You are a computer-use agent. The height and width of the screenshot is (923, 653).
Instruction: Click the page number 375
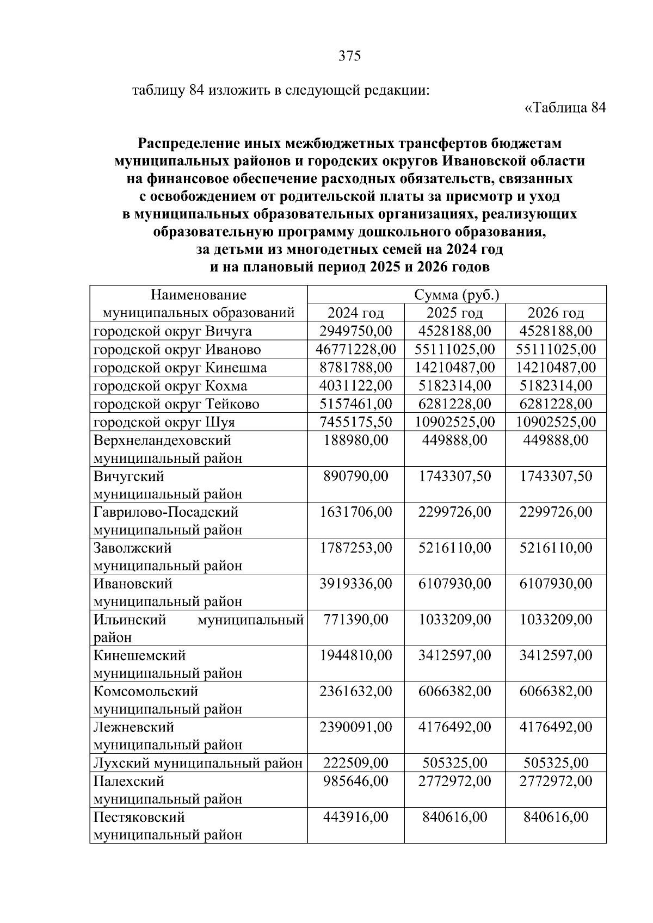(x=349, y=56)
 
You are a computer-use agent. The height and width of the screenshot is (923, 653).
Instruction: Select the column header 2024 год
(x=355, y=313)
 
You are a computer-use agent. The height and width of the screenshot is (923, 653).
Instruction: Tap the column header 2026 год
(x=556, y=313)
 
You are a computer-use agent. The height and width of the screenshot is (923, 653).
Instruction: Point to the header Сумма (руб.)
(x=457, y=295)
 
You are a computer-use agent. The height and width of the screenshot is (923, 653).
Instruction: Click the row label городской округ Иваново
(x=177, y=350)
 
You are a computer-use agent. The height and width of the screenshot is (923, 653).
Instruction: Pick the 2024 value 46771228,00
(x=355, y=349)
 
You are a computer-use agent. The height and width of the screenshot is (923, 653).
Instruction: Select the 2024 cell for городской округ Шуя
(x=355, y=422)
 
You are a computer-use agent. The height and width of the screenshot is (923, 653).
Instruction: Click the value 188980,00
(x=355, y=440)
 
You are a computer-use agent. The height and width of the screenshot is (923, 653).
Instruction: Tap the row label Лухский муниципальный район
(x=198, y=764)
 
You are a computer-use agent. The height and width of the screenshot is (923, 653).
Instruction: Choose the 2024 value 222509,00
(x=355, y=763)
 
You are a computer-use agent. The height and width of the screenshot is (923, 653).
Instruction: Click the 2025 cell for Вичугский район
(x=454, y=476)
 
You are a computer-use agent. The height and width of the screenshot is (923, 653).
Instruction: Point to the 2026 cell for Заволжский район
(x=556, y=548)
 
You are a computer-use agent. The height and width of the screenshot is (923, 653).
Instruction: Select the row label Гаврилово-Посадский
(x=166, y=512)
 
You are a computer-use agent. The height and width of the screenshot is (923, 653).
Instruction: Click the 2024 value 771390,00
(x=355, y=620)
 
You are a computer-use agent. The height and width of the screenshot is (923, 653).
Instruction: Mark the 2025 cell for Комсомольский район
(x=454, y=691)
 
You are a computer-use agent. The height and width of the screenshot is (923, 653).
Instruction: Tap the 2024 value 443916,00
(x=355, y=817)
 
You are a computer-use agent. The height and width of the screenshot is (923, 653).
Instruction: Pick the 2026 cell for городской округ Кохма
(x=556, y=386)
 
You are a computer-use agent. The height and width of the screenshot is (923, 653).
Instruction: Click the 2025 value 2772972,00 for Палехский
(x=454, y=782)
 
